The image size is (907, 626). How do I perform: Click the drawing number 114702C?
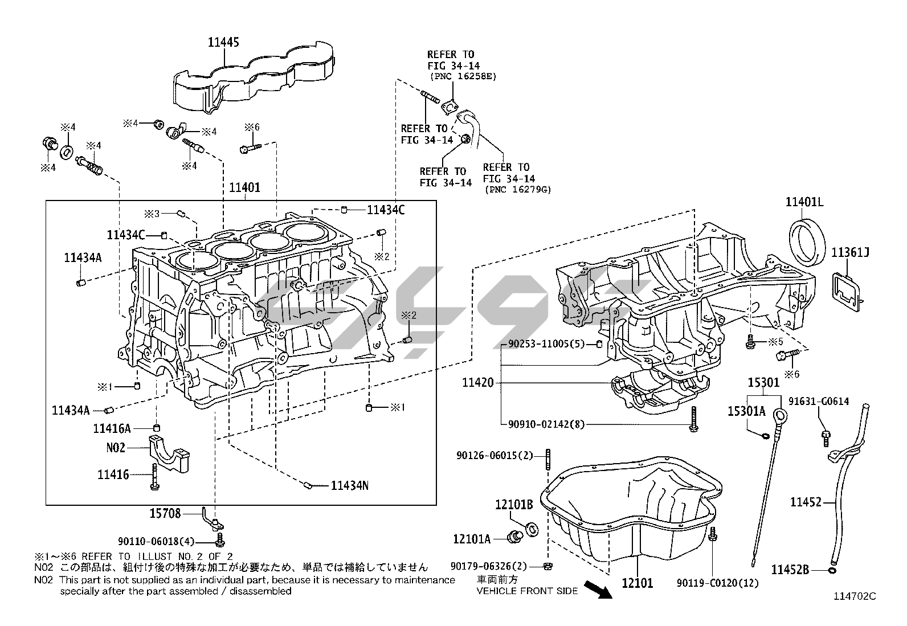click(854, 596)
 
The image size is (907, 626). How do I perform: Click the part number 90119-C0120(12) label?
click(717, 583)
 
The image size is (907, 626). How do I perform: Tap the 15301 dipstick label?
click(763, 382)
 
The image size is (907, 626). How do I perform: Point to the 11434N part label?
click(349, 485)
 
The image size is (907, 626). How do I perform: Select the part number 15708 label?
click(165, 513)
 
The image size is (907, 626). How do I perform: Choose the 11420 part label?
click(477, 383)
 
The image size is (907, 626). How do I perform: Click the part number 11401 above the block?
click(244, 187)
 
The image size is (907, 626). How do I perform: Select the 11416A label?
click(112, 428)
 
